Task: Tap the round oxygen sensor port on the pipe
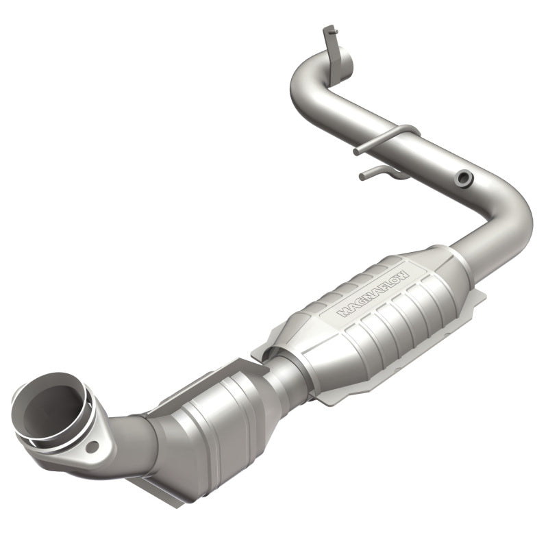coord(466,179)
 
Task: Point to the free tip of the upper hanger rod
coord(356,151)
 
